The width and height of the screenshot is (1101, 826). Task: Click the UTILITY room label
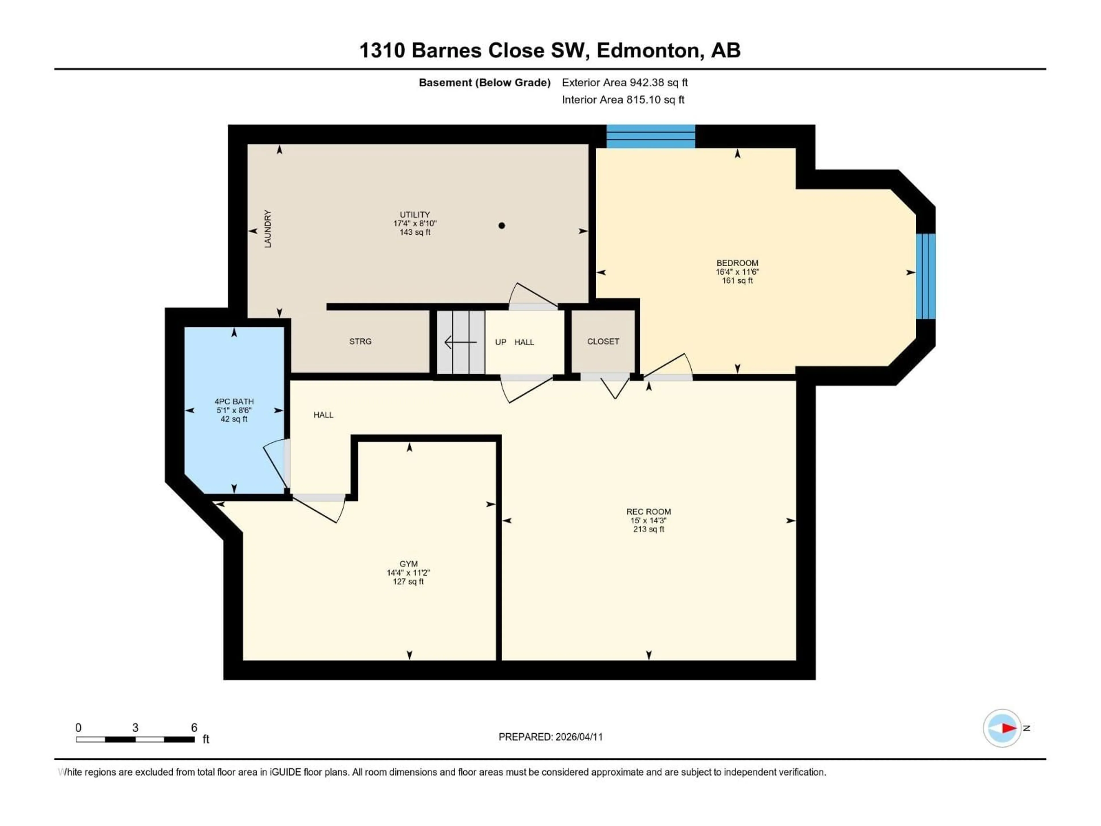click(415, 215)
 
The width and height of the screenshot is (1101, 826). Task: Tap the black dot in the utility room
click(502, 225)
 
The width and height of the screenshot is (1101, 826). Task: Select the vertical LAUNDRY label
click(268, 229)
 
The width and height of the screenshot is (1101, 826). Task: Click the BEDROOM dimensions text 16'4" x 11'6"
click(737, 272)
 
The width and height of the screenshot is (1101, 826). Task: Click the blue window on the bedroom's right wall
click(926, 276)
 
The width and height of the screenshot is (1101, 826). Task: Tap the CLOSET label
click(603, 342)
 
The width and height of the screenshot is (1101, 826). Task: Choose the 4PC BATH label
click(234, 401)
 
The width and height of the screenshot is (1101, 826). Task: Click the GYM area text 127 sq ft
click(408, 582)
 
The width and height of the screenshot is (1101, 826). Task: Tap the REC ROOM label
click(648, 511)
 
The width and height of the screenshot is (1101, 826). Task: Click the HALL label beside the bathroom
click(323, 415)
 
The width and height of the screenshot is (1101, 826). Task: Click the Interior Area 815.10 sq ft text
click(623, 100)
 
